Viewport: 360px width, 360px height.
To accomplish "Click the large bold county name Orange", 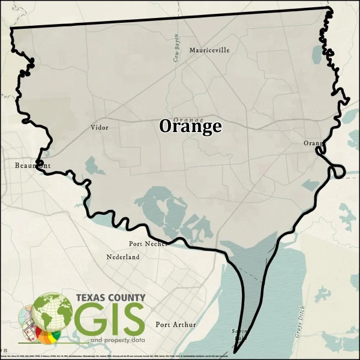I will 190,127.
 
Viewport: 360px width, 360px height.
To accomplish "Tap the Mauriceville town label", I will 209,50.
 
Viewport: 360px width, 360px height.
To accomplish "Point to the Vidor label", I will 100,127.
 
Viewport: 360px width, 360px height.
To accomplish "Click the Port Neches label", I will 148,244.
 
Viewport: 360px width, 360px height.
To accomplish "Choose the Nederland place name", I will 123,257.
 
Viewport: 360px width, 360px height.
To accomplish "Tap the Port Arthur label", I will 176,325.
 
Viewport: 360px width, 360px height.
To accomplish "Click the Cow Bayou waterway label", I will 176,48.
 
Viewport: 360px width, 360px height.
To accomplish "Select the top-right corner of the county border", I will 329,8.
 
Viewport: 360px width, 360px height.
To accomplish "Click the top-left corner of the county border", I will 12,28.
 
